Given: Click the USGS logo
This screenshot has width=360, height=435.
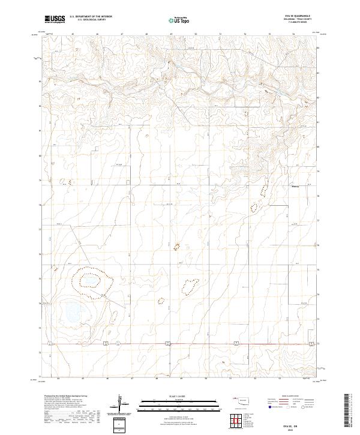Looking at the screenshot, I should coord(54,20).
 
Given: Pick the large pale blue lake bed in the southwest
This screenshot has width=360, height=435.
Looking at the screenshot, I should coord(74,312).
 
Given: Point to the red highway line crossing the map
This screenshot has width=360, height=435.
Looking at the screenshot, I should coord(198,343).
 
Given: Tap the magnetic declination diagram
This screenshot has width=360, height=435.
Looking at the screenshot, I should coord(121,403).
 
